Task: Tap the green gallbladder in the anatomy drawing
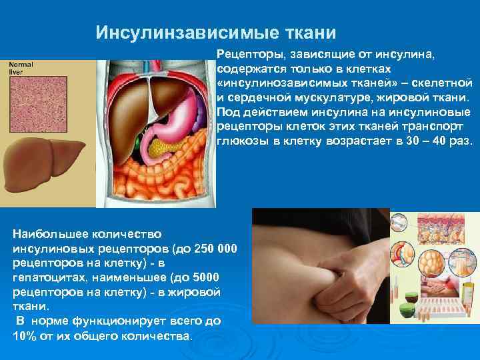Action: [137, 143]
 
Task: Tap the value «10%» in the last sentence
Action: [25, 335]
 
